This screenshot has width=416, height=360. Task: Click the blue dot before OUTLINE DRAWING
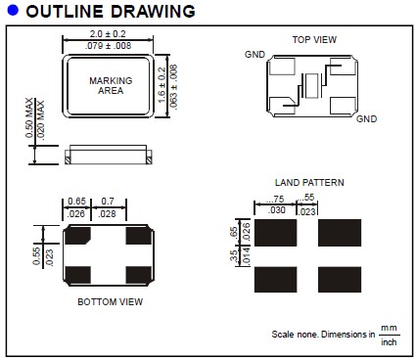(x=13, y=10)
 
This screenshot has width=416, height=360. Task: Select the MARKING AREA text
(x=111, y=85)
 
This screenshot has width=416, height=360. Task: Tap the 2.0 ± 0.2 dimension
(x=108, y=34)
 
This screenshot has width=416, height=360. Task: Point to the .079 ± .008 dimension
(x=108, y=46)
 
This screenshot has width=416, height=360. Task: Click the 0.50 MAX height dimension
(x=29, y=117)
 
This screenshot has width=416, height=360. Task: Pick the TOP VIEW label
(x=314, y=40)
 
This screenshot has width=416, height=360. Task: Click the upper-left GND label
(x=254, y=55)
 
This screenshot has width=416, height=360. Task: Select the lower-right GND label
(x=366, y=119)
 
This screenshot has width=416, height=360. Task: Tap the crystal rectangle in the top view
(x=311, y=86)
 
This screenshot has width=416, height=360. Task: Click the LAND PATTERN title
(x=309, y=183)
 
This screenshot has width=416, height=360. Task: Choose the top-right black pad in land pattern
(x=340, y=233)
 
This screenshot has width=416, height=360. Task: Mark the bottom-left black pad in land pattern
(x=276, y=280)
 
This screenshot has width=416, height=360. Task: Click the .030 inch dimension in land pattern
(x=276, y=210)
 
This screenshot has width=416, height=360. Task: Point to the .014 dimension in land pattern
(x=247, y=256)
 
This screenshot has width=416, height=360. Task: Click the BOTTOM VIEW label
(x=111, y=302)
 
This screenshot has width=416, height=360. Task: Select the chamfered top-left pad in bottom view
(x=77, y=236)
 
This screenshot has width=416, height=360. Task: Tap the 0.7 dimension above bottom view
(x=108, y=202)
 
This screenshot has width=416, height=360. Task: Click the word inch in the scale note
(x=389, y=342)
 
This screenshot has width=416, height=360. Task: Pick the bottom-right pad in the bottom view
(x=139, y=275)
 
